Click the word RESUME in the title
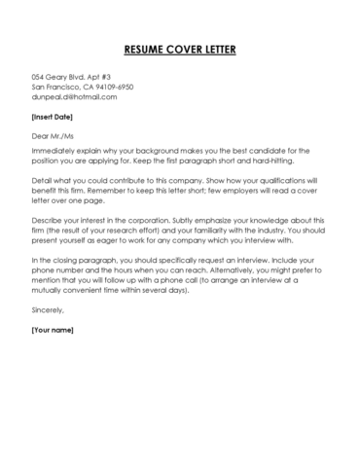[146, 49]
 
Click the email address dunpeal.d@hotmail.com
[74, 97]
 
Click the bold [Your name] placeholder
[54, 331]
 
